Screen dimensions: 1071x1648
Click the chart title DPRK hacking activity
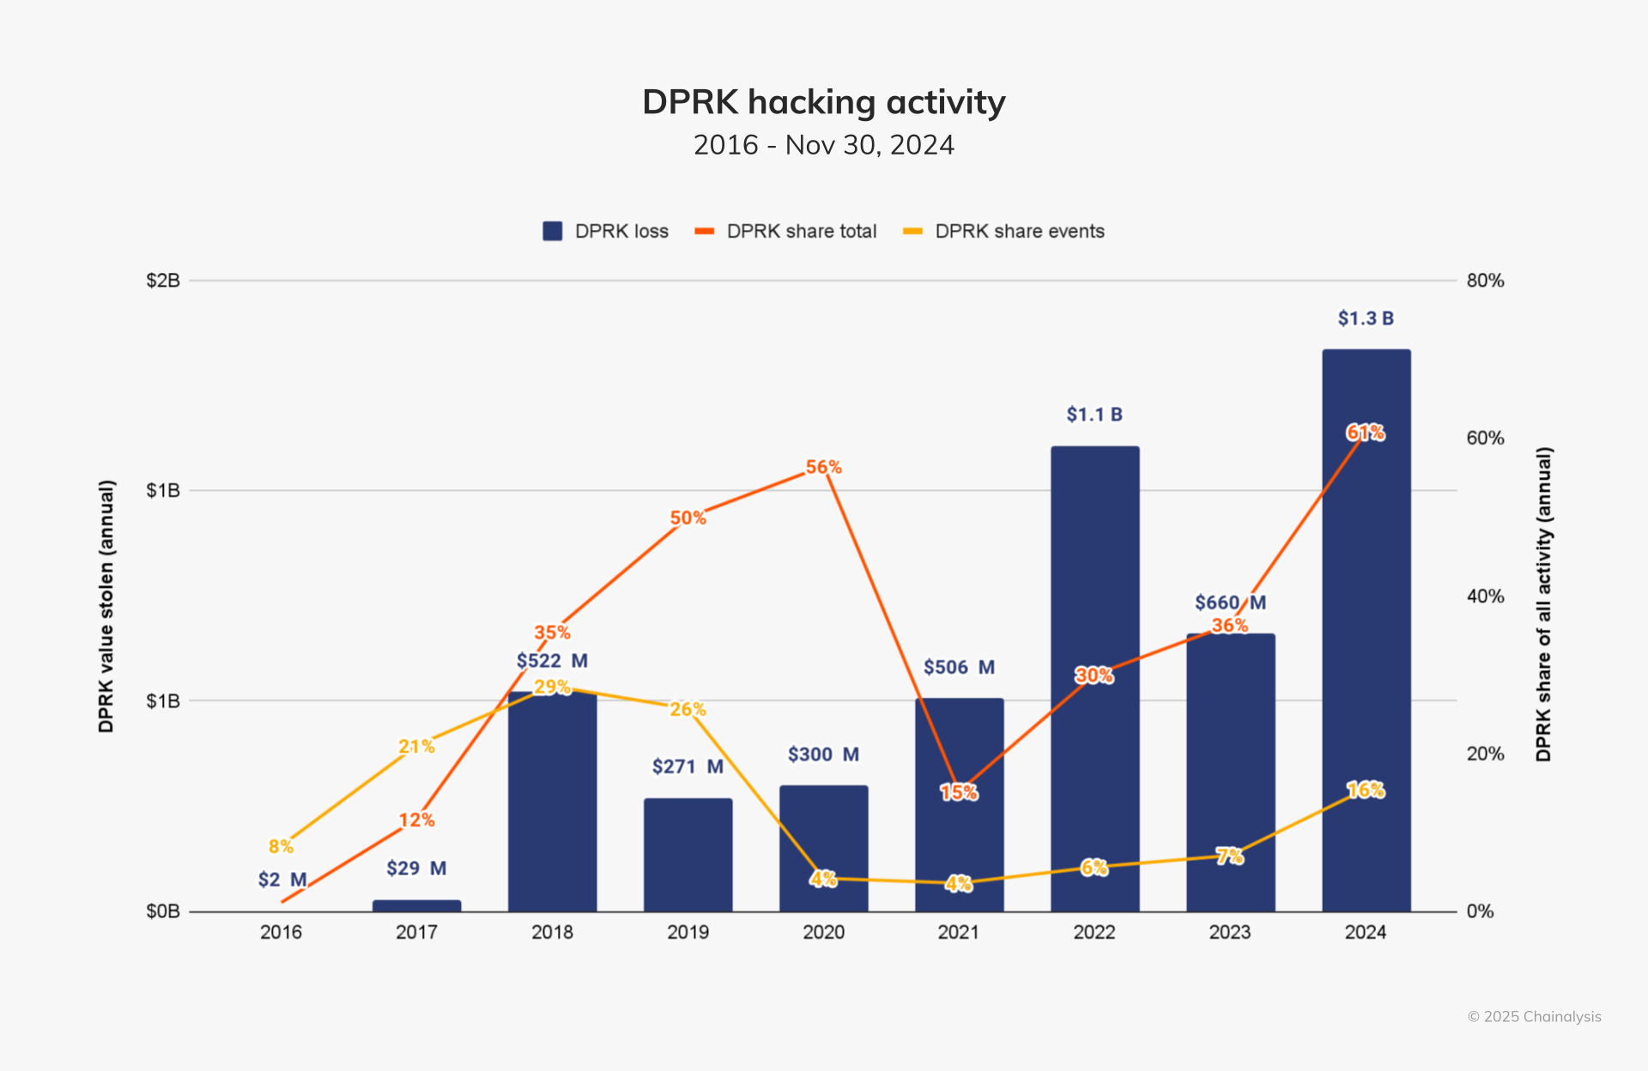pos(823,102)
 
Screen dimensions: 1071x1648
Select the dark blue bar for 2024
pos(1366,652)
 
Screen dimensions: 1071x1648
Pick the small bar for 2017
pos(416,905)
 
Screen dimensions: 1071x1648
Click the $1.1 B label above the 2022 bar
pos(1094,414)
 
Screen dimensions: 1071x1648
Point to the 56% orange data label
pos(823,467)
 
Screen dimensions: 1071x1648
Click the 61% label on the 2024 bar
pos(1365,433)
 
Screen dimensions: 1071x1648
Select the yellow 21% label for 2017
pos(416,747)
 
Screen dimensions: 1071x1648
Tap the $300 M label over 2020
pos(823,754)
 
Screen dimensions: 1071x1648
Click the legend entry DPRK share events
pos(1004,231)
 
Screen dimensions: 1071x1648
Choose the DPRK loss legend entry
pos(606,231)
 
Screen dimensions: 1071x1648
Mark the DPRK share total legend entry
pos(786,231)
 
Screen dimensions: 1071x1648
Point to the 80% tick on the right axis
pos(1485,281)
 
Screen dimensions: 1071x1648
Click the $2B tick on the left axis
pos(163,281)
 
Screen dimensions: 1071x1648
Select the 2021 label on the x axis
pos(958,932)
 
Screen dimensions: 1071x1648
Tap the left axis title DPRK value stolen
pos(106,606)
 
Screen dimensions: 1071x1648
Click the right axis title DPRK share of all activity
pos(1543,604)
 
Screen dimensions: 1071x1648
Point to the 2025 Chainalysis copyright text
pos(1534,1016)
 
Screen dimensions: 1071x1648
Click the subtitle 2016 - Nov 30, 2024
pos(823,145)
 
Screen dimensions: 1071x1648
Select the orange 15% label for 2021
pos(958,792)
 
